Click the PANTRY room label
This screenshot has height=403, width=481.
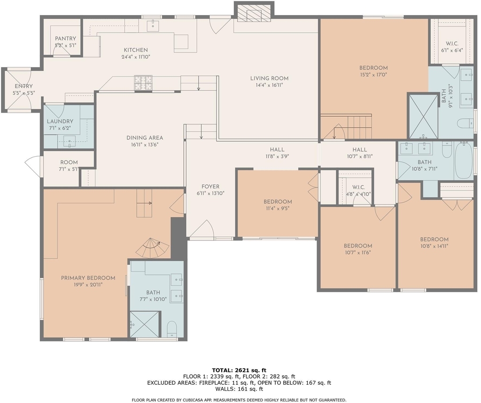pyautogui.click(x=65, y=38)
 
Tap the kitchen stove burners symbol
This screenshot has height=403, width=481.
pyautogui.click(x=143, y=83)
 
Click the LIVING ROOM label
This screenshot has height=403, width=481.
pyautogui.click(x=269, y=78)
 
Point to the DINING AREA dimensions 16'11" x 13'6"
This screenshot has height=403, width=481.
pyautogui.click(x=145, y=144)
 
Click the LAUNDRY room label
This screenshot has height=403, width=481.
pyautogui.click(x=60, y=122)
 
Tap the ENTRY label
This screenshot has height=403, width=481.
pyautogui.click(x=23, y=86)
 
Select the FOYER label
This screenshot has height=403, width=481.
pyautogui.click(x=210, y=187)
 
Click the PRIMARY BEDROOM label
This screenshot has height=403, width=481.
pyautogui.click(x=88, y=278)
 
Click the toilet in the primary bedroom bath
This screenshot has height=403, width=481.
pyautogui.click(x=172, y=329)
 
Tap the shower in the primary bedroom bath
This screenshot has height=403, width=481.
pyautogui.click(x=145, y=324)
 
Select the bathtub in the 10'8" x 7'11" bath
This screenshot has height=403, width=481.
pyautogui.click(x=464, y=161)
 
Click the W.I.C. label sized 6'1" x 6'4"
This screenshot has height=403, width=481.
pyautogui.click(x=452, y=44)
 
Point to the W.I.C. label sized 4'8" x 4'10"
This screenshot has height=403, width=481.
pyautogui.click(x=358, y=187)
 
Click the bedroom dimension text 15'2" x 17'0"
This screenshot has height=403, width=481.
pyautogui.click(x=373, y=75)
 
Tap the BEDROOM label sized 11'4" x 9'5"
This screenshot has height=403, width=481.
pyautogui.click(x=278, y=202)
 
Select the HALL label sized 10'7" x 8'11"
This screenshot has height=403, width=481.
pyautogui.click(x=359, y=150)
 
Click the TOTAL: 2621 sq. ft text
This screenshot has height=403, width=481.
pyautogui.click(x=239, y=370)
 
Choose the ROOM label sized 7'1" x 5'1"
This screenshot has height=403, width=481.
pyautogui.click(x=69, y=162)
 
